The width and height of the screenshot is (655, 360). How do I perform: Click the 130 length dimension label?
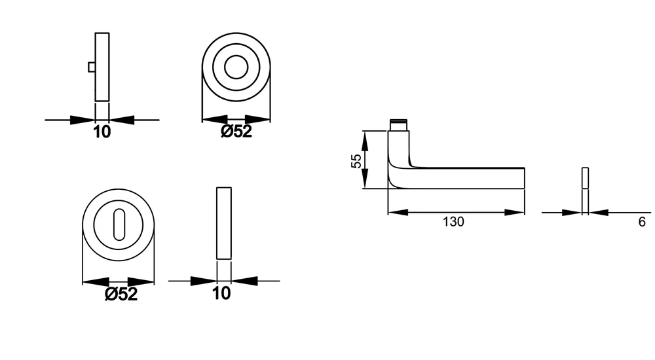[453, 221]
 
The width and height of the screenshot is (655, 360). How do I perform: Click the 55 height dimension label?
[356, 161]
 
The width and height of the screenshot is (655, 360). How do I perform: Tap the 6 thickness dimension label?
[642, 221]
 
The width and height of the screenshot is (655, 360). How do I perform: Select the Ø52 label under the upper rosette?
[236, 132]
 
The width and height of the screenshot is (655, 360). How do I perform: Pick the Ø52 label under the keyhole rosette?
[121, 294]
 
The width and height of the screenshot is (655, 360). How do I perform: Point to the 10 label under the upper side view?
[102, 132]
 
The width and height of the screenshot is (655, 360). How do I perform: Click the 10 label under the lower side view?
[221, 293]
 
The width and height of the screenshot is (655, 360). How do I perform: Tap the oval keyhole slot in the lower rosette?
[119, 225]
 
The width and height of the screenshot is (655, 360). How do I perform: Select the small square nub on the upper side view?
[92, 67]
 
